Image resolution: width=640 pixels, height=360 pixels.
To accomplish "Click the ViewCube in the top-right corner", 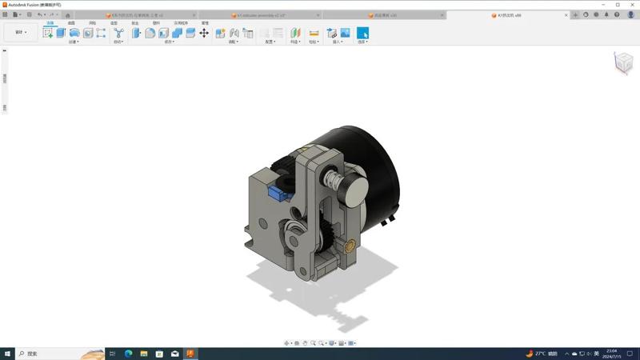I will (622, 62).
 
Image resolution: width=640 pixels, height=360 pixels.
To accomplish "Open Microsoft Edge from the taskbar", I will (128, 354).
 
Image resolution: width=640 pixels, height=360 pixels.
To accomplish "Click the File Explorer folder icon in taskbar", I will (144, 354).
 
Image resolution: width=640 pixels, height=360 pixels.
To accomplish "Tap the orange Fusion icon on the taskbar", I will (190, 354).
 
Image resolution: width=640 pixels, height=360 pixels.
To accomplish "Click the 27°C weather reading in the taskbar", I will (541, 354).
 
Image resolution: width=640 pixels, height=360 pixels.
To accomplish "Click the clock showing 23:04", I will (612, 354).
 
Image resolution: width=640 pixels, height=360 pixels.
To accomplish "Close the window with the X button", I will (631, 5).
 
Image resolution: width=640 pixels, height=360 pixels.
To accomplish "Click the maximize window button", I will (618, 5).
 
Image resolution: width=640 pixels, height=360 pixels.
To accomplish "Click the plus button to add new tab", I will (575, 14).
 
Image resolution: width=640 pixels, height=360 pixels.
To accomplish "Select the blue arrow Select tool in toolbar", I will (362, 33).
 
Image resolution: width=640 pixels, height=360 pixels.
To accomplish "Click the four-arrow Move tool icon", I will (204, 33).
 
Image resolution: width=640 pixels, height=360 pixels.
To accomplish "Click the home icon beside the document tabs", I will (67, 14).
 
